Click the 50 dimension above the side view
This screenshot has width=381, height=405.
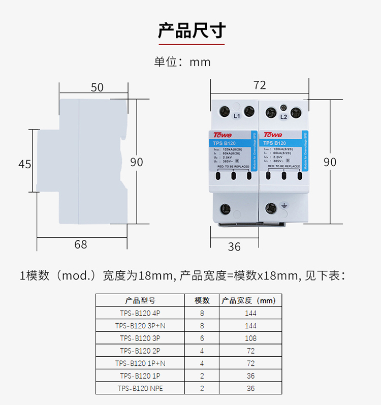[x=97, y=87]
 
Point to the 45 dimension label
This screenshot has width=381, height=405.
[x=25, y=164]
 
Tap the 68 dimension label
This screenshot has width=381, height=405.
[x=81, y=244]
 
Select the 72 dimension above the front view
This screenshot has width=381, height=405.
[x=260, y=85]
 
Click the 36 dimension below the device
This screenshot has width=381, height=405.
[x=234, y=247]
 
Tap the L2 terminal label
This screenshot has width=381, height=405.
[x=284, y=117]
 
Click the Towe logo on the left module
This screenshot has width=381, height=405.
[x=223, y=135]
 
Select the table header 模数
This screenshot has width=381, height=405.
[x=202, y=300]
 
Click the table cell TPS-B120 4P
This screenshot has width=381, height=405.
[x=140, y=313]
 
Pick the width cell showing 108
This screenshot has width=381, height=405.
[x=250, y=338]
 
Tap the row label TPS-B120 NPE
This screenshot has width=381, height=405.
[x=140, y=388]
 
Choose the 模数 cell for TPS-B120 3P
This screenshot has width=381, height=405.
[x=202, y=338]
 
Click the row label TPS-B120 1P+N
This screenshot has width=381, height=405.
[x=140, y=363]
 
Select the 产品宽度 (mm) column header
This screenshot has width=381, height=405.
[x=248, y=300]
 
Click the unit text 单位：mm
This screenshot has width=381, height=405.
[x=182, y=62]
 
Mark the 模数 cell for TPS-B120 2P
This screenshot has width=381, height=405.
[x=202, y=351]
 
